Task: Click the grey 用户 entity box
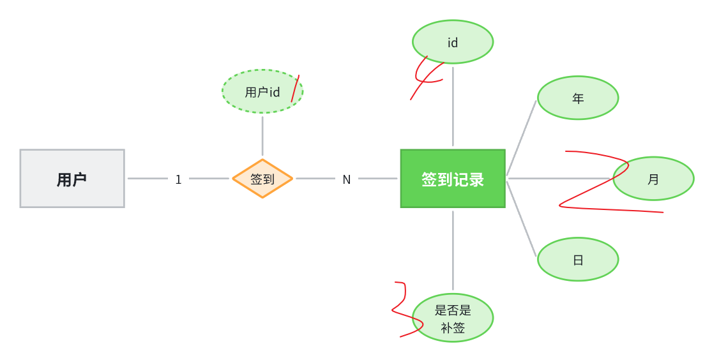coord(72,179)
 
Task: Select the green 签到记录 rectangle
coord(453,179)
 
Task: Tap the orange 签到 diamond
coord(262,179)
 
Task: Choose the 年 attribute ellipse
coord(578,98)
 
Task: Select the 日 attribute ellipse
coord(578,259)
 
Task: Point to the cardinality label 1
coord(178,179)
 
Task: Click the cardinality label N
coord(347,179)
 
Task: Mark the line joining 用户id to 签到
coord(262,135)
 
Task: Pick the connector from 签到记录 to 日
coord(522,219)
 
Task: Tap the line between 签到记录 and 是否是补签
coord(453,250)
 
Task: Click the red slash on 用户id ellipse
coord(295,88)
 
